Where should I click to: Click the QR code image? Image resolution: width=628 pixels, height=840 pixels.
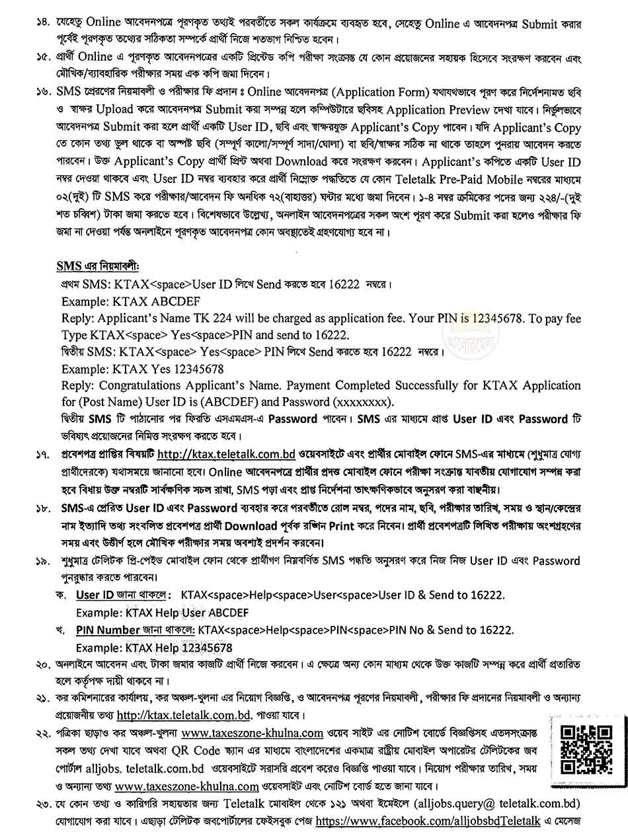pyautogui.click(x=585, y=750)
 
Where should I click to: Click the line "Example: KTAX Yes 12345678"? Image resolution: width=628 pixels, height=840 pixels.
pyautogui.click(x=143, y=369)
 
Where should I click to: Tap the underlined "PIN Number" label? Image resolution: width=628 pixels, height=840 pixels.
pyautogui.click(x=108, y=629)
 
